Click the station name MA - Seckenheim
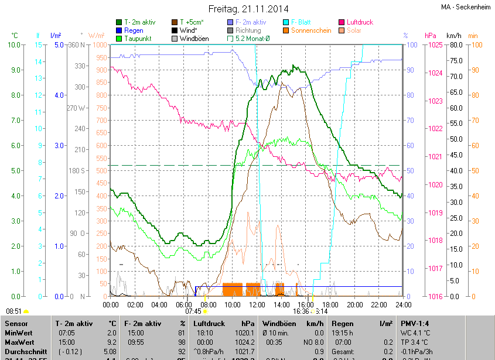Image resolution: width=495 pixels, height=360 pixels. pos(466,7)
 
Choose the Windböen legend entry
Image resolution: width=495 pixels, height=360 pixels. pos(194,39)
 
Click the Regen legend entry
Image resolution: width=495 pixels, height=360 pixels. pos(133,30)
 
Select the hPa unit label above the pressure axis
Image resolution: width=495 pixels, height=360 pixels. pos(431,36)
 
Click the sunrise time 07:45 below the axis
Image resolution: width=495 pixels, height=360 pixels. pos(193,311)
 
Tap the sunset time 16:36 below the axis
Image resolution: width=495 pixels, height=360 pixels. pos(301,311)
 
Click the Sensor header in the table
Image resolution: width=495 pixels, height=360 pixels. pos(16,323)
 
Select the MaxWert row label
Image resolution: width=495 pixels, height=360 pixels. pos(19,341)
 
